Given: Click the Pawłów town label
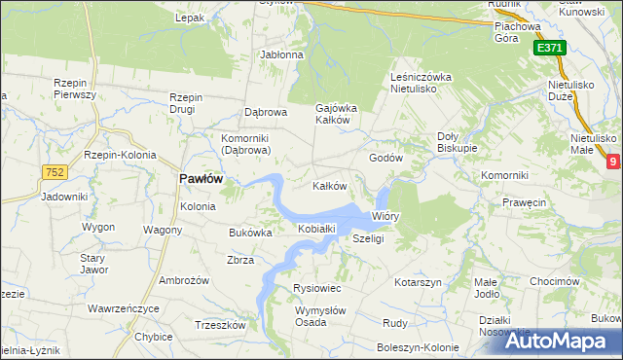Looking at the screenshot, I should [x=201, y=180].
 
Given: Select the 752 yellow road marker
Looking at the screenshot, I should [x=54, y=172].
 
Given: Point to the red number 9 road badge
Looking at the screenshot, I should [x=612, y=162].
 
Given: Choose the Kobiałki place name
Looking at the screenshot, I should [x=316, y=229].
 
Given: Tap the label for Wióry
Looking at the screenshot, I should [x=385, y=217].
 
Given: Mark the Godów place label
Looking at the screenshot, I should [x=385, y=158].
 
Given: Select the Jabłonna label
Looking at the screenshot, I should [x=281, y=54].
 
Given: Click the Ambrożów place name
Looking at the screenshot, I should [x=184, y=280].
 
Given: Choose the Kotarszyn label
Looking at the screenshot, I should [x=419, y=281].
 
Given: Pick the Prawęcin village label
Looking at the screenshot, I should [x=524, y=203].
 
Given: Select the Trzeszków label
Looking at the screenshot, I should [x=219, y=325].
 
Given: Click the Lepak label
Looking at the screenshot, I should [x=189, y=18].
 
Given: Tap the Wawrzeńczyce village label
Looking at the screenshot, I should [x=123, y=308].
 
